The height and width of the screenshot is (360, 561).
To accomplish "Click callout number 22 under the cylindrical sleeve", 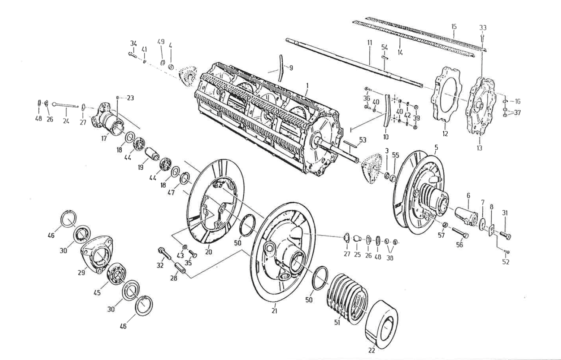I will [372, 350].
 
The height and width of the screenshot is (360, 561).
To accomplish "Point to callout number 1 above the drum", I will [307, 86].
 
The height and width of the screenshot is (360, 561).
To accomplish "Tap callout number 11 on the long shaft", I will [369, 43].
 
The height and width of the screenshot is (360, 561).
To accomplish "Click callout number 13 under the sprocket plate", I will [479, 148].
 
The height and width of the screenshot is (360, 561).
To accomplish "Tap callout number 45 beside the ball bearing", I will [97, 293].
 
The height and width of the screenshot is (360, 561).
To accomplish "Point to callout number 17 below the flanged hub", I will [104, 138].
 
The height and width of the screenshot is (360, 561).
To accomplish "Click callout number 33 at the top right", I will [483, 27].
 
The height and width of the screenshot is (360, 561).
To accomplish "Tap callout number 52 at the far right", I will [505, 262].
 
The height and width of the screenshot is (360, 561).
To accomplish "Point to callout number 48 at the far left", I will [38, 119].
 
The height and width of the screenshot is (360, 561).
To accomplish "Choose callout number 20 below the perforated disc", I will [208, 252].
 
